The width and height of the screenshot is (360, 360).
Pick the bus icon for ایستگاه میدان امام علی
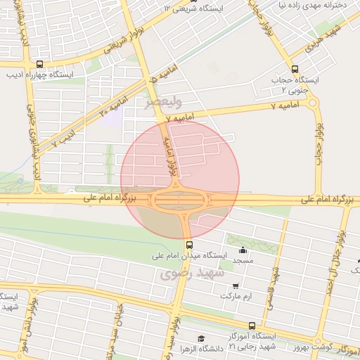[x=189, y=245]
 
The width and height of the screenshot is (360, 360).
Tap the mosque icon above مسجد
[x=243, y=250]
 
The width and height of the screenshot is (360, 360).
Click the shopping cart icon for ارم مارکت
[x=235, y=285]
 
